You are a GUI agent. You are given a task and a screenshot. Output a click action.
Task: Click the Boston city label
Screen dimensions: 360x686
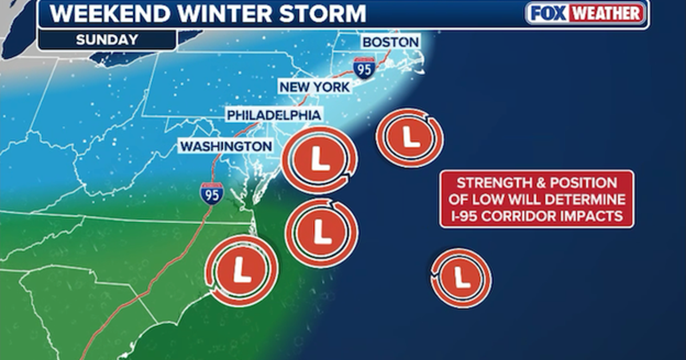390,42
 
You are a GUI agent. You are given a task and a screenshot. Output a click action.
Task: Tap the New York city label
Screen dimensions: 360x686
314,87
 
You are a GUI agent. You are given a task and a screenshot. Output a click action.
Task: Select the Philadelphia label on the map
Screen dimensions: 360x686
274,115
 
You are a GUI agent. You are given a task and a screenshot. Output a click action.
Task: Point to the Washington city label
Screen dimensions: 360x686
226,146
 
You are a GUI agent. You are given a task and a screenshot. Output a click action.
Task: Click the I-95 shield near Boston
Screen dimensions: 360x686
364,67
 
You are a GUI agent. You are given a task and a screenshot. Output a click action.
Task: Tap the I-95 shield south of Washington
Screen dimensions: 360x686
211,193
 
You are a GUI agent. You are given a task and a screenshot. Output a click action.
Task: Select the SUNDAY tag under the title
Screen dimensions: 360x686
107,40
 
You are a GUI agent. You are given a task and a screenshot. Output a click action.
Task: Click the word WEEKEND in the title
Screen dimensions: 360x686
107,14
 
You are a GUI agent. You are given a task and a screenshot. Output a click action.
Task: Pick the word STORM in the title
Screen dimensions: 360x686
323,14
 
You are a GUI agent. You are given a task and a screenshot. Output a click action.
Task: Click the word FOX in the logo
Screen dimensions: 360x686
548,13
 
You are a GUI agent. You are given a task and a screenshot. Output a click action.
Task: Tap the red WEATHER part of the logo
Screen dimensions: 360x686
607,13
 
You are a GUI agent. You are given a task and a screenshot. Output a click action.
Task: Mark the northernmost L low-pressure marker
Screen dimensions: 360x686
409,137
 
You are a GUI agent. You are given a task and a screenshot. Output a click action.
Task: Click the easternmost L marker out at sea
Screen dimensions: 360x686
461,278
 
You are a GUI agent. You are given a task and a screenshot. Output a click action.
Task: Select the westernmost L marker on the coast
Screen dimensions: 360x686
242,268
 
